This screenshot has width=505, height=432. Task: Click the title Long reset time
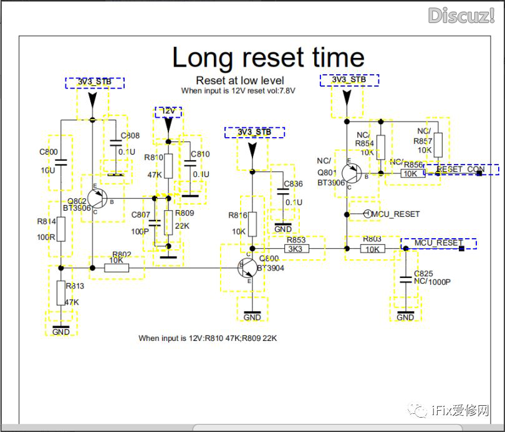pos(268,58)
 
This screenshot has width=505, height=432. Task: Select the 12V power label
pos(168,112)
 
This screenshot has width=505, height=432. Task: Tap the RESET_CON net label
pos(461,170)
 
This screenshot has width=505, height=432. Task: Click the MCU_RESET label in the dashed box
pos(439,243)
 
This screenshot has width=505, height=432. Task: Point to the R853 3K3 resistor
pos(296,249)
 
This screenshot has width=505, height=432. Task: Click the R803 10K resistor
pos(372,249)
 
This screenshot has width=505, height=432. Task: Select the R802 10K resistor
pos(117,267)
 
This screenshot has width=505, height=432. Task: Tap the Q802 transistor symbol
pos(97,198)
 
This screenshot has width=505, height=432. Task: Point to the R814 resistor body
pos(60,229)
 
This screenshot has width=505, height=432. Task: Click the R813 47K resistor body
pos(60,292)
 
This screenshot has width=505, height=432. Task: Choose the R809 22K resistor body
pos(168,222)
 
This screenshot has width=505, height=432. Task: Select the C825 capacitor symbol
pos(405,274)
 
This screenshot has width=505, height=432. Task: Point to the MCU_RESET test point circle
pos(367,214)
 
